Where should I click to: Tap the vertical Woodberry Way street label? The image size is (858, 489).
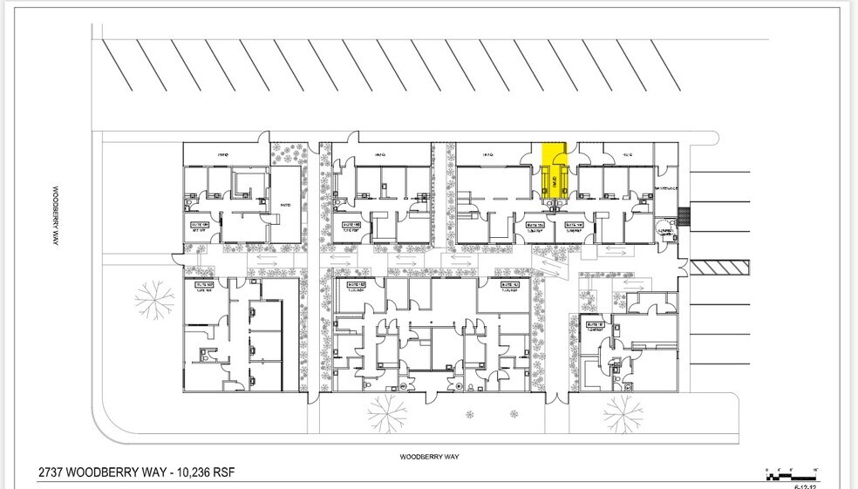point(53,214)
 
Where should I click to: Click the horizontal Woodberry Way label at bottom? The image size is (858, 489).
point(430,456)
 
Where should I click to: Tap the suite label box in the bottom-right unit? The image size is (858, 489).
point(597,327)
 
